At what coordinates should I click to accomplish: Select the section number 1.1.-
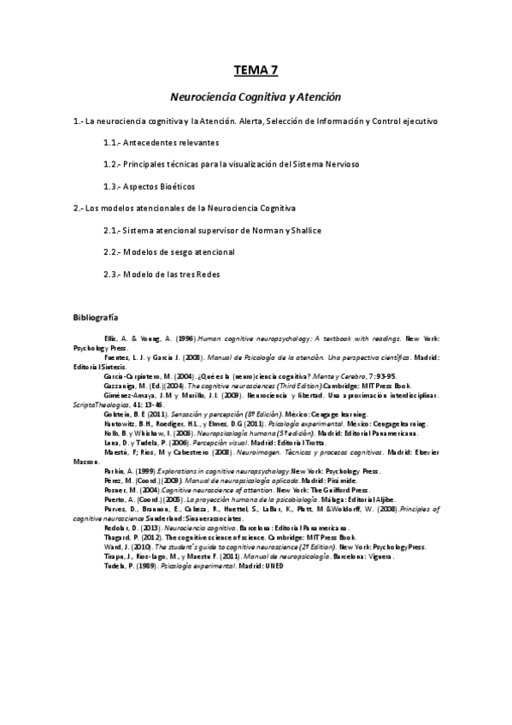tap(115, 143)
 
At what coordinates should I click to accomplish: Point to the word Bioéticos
tap(174, 186)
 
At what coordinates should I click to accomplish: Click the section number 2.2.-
tap(115, 252)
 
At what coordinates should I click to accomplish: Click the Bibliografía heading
tap(96, 317)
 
